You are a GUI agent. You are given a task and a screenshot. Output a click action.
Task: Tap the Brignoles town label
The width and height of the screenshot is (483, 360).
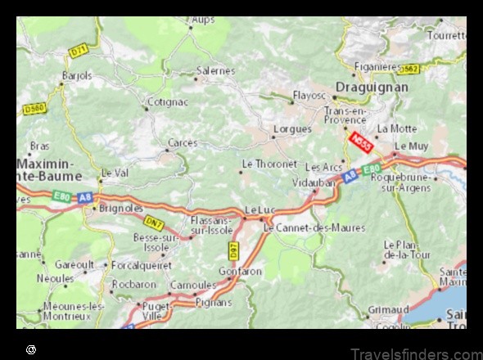click(x=120, y=208)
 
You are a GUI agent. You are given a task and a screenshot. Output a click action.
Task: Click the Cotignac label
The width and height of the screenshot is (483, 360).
click(x=167, y=103)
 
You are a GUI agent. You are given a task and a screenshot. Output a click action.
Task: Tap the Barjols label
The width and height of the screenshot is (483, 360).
click(x=76, y=75)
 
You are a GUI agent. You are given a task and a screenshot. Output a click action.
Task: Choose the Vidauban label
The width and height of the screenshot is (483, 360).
click(x=314, y=182)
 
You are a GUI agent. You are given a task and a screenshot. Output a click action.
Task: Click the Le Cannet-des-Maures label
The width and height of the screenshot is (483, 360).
click(x=314, y=227)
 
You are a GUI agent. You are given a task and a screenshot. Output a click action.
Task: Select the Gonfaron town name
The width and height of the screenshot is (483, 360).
click(x=240, y=271)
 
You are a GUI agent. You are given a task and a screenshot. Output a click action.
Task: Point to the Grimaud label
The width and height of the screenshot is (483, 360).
click(x=389, y=310)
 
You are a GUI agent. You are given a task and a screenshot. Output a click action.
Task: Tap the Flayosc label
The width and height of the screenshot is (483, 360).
click(x=309, y=96)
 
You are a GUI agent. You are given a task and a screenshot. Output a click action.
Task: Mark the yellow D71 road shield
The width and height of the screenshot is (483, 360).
click(x=79, y=51)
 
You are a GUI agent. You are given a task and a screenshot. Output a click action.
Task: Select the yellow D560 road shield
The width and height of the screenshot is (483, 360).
click(x=34, y=108)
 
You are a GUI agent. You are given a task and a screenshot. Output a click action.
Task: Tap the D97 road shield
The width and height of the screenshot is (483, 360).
click(x=232, y=247)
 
